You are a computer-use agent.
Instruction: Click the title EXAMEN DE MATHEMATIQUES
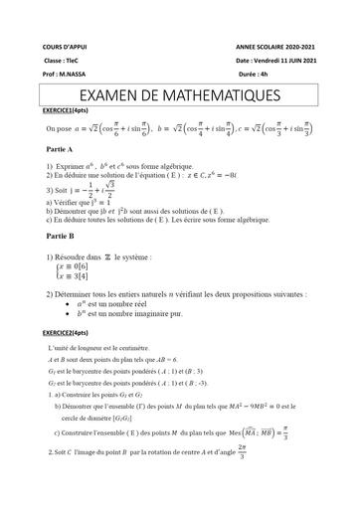(x=179, y=96)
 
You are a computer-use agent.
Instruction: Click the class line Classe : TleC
(x=61, y=61)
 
